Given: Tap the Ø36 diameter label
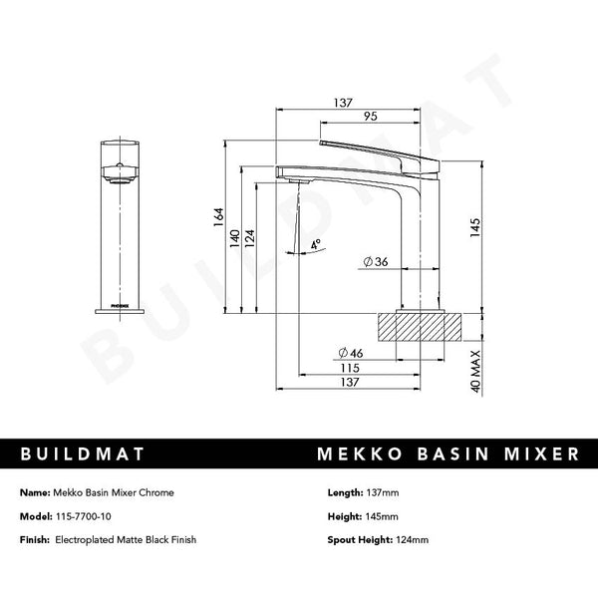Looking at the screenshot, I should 374,261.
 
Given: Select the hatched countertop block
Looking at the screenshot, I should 419,324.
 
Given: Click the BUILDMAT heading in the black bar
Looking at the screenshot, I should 84,453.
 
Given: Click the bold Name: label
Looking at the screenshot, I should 35,492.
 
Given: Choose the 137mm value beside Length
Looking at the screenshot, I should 384,492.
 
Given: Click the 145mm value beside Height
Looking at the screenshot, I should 384,516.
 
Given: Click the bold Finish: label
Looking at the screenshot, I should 37,540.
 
